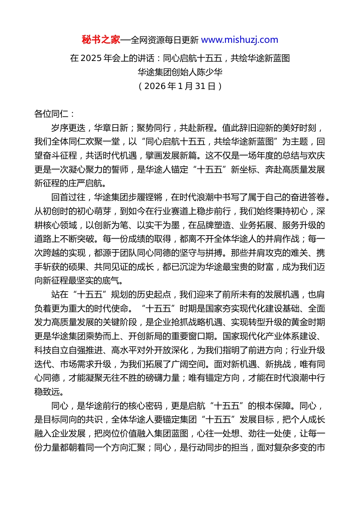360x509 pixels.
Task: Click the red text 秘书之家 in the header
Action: tap(101, 40)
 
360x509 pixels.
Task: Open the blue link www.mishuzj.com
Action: tap(239, 40)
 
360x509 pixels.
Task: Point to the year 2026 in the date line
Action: tap(155, 86)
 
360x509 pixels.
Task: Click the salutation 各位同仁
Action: tap(51, 114)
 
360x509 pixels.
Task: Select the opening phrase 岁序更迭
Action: tap(68, 128)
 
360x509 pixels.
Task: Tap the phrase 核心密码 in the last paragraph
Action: tap(146, 406)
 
